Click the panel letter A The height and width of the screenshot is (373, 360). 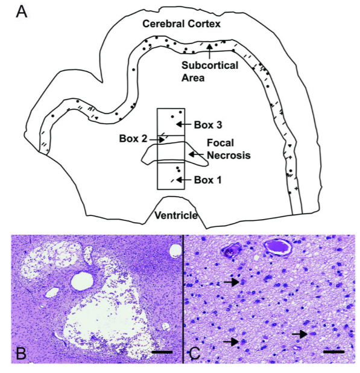point(21,12)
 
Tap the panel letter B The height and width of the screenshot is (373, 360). point(21,353)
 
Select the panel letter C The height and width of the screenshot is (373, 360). point(195,353)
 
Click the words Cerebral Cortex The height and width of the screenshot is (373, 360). point(182,24)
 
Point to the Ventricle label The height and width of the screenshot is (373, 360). point(176,215)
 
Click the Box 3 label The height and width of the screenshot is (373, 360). point(208,125)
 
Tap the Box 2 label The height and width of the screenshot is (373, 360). point(133,139)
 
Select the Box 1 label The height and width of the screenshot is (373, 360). point(208,180)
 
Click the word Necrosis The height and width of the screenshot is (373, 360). point(229,155)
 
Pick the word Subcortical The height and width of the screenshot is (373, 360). point(210,65)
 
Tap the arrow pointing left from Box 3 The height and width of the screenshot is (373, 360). point(184,124)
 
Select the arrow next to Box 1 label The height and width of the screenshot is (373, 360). point(184,180)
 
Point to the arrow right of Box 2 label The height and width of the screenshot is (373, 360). point(157,139)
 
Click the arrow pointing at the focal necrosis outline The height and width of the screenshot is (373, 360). point(196,155)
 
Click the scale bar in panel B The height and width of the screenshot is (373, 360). point(162,352)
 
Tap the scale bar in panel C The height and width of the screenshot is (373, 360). point(333,352)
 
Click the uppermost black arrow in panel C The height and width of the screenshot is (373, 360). point(232,282)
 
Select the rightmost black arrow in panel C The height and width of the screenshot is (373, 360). point(300,334)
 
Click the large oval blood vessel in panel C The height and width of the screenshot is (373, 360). point(277,247)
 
